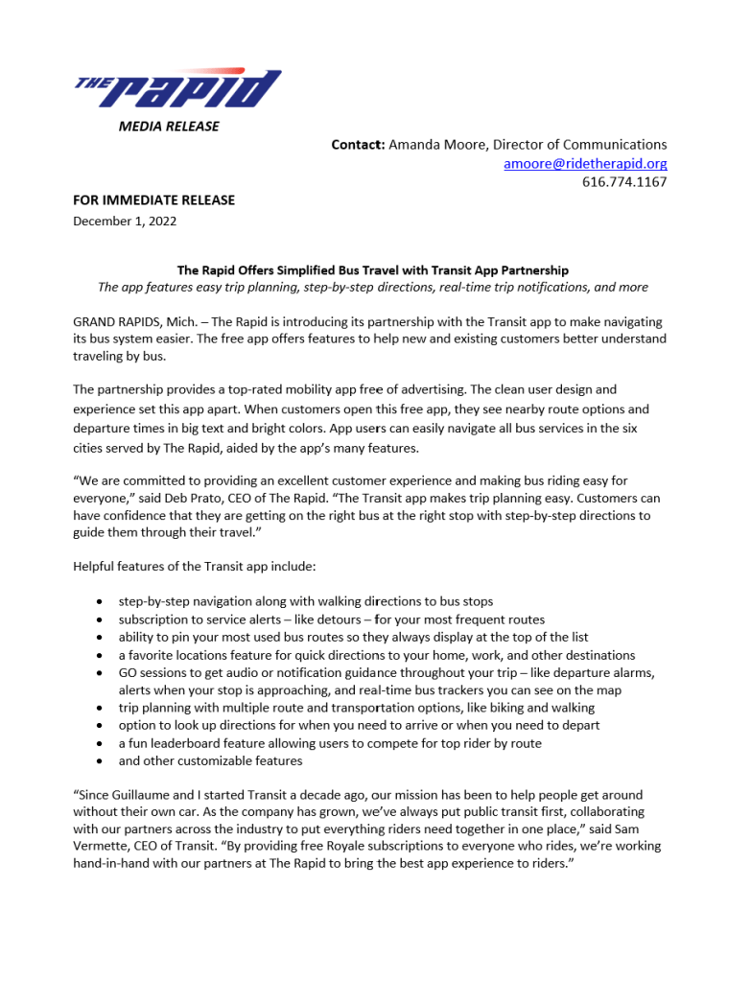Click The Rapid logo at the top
click(x=178, y=88)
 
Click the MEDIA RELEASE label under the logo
click(x=169, y=126)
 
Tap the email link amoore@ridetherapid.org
click(x=585, y=163)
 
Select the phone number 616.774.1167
click(x=624, y=181)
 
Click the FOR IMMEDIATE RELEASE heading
click(x=154, y=200)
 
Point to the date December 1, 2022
click(x=125, y=221)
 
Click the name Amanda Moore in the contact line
click(x=437, y=145)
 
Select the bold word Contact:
click(x=358, y=145)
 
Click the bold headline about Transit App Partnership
click(x=372, y=270)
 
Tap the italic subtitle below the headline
click(x=372, y=287)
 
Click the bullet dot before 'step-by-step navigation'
click(x=102, y=602)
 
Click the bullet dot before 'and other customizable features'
click(x=102, y=761)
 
